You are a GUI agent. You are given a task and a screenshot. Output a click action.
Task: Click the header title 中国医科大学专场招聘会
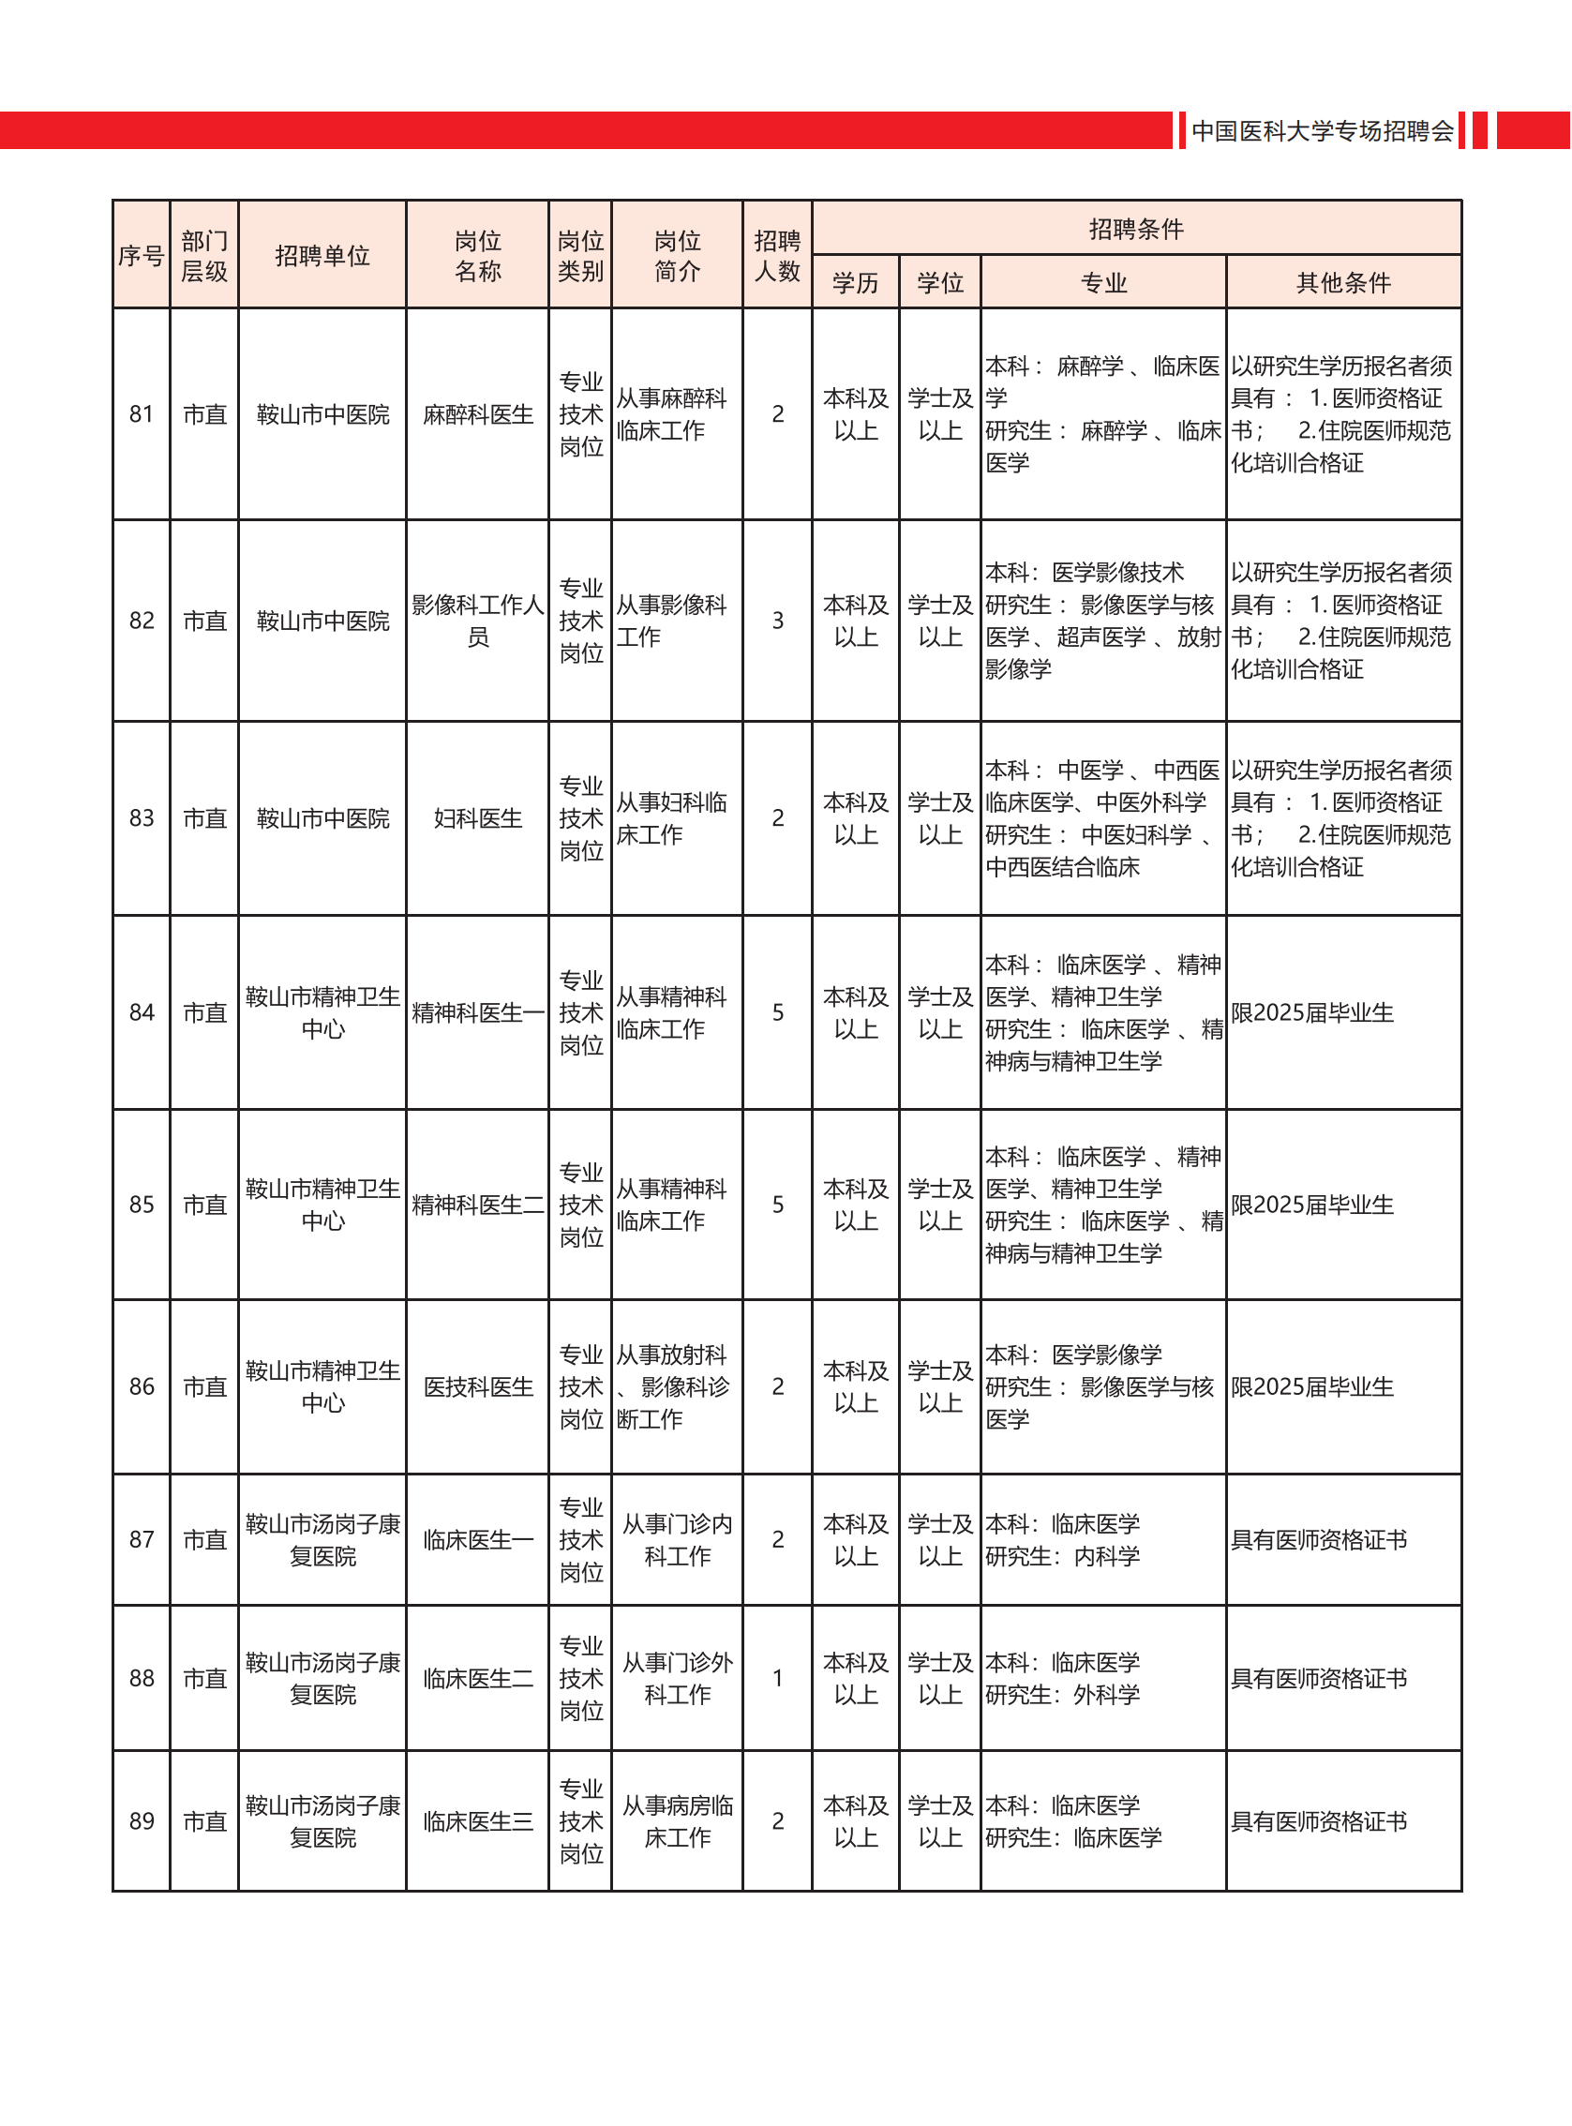[x=1322, y=131]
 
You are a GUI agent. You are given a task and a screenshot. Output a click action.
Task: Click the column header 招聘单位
[x=322, y=256]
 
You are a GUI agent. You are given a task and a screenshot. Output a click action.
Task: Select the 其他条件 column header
[x=1342, y=283]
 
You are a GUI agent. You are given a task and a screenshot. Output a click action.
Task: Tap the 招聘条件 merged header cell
[x=1136, y=230]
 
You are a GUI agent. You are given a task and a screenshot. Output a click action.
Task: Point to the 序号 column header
[x=141, y=256]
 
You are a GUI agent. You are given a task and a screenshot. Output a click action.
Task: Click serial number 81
[x=141, y=415]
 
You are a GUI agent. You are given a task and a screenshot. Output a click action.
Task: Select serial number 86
[x=141, y=1387]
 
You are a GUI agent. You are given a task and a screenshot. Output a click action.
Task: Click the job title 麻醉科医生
[x=478, y=415]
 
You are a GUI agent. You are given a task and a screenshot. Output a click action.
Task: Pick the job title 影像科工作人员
[x=478, y=621]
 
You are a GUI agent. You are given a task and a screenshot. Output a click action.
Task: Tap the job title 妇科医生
[x=478, y=818]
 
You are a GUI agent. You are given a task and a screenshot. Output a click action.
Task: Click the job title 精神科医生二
[x=478, y=1205]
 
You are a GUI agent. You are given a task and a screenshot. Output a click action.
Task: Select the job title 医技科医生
[x=478, y=1387]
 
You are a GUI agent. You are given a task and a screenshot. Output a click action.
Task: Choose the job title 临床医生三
[x=478, y=1821]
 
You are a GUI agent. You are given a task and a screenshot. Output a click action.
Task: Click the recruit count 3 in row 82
[x=777, y=621]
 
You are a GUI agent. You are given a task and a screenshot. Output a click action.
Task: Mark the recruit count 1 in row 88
[x=777, y=1679]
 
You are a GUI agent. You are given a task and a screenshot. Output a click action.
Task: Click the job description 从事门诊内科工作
[x=677, y=1540]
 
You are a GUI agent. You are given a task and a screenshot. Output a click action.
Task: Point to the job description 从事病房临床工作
[x=677, y=1821]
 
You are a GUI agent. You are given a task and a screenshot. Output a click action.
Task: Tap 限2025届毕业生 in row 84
[x=1312, y=1013]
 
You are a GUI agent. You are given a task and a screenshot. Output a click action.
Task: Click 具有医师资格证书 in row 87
[x=1318, y=1540]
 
